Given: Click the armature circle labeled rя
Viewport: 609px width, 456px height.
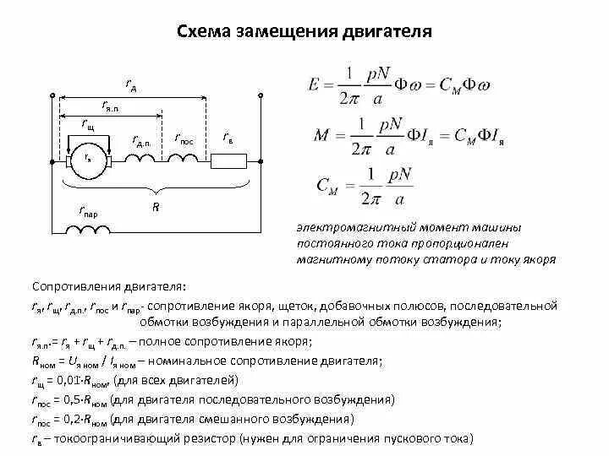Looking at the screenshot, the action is (x=88, y=159).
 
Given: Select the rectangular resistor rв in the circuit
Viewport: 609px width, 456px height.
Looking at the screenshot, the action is (x=228, y=159).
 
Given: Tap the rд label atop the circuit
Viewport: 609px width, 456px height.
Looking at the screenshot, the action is (x=132, y=84).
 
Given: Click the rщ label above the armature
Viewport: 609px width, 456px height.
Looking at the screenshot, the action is (x=88, y=124).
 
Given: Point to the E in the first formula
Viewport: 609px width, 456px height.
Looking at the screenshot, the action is (x=308, y=85).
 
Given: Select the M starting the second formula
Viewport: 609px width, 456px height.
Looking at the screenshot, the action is (x=310, y=133).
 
